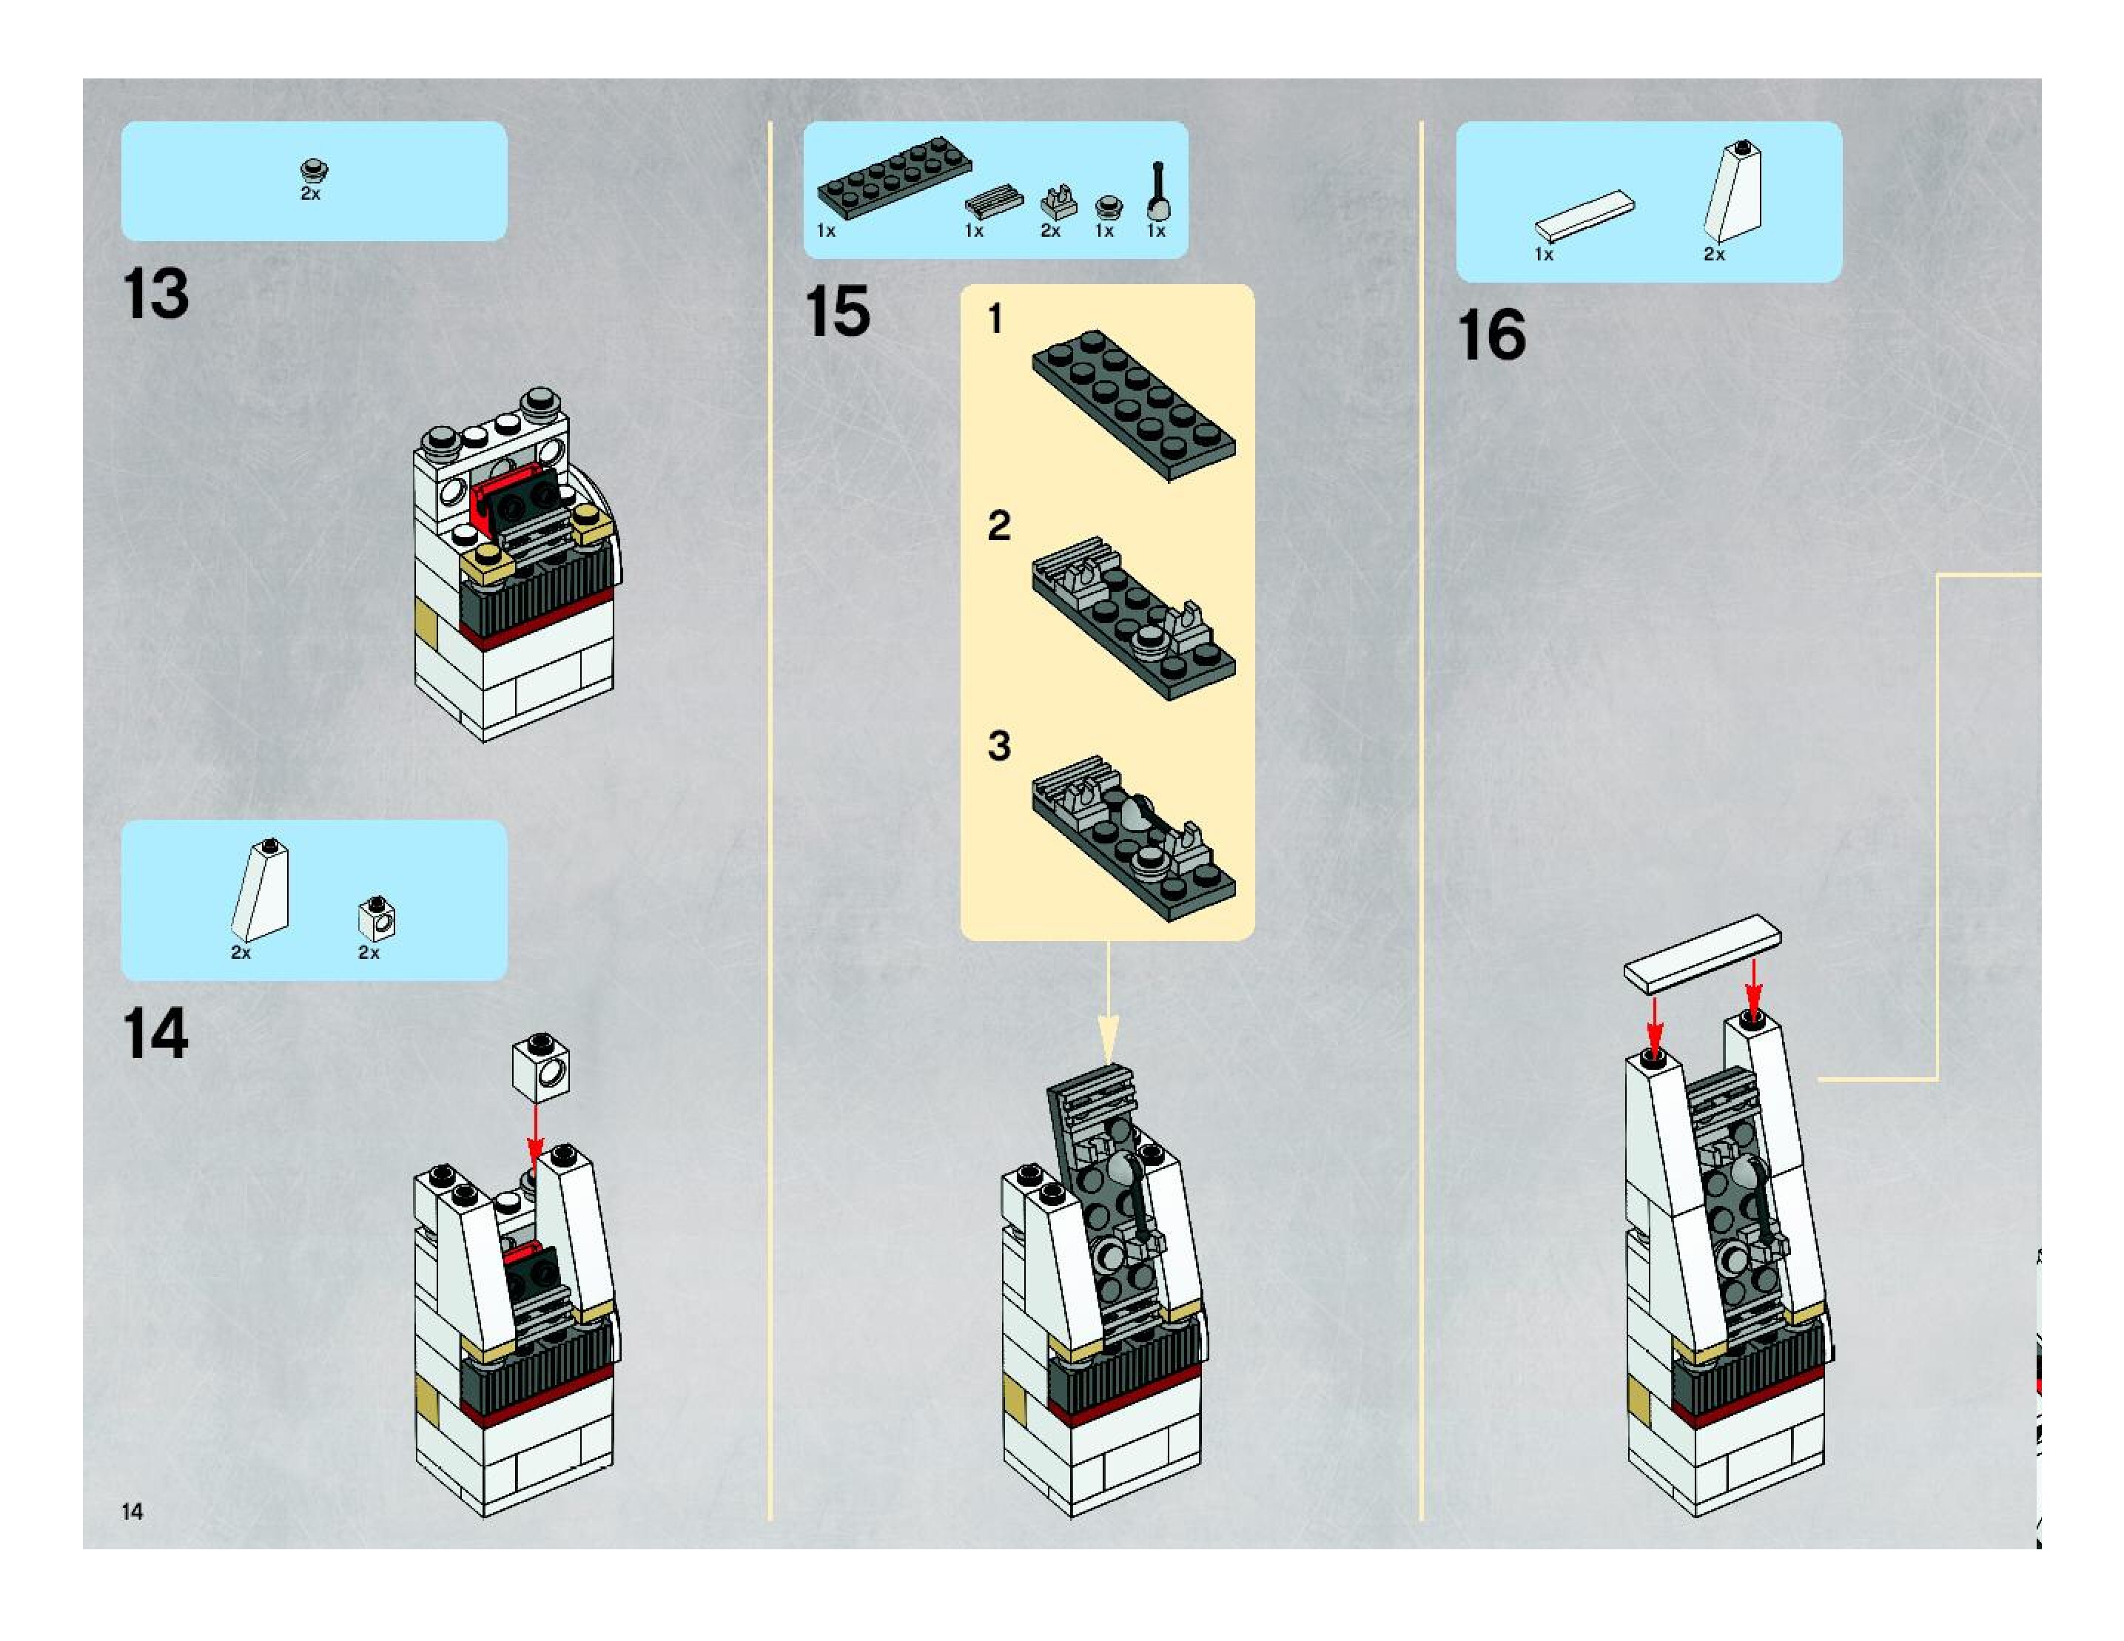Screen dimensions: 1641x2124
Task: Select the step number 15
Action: coord(837,312)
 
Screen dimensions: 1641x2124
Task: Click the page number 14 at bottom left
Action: coord(132,1511)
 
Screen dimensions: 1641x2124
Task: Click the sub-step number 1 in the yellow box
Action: coord(995,319)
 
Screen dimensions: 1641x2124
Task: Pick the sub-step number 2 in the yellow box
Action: coord(999,526)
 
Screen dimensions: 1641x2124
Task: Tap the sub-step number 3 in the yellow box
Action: coord(999,746)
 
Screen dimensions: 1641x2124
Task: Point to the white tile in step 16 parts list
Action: coord(1584,216)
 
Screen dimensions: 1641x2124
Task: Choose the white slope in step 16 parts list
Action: coord(1733,192)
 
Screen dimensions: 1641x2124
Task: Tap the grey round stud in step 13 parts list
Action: coord(313,172)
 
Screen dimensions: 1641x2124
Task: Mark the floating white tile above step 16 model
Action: coord(1702,953)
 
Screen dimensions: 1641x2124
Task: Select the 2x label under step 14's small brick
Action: coord(369,953)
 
